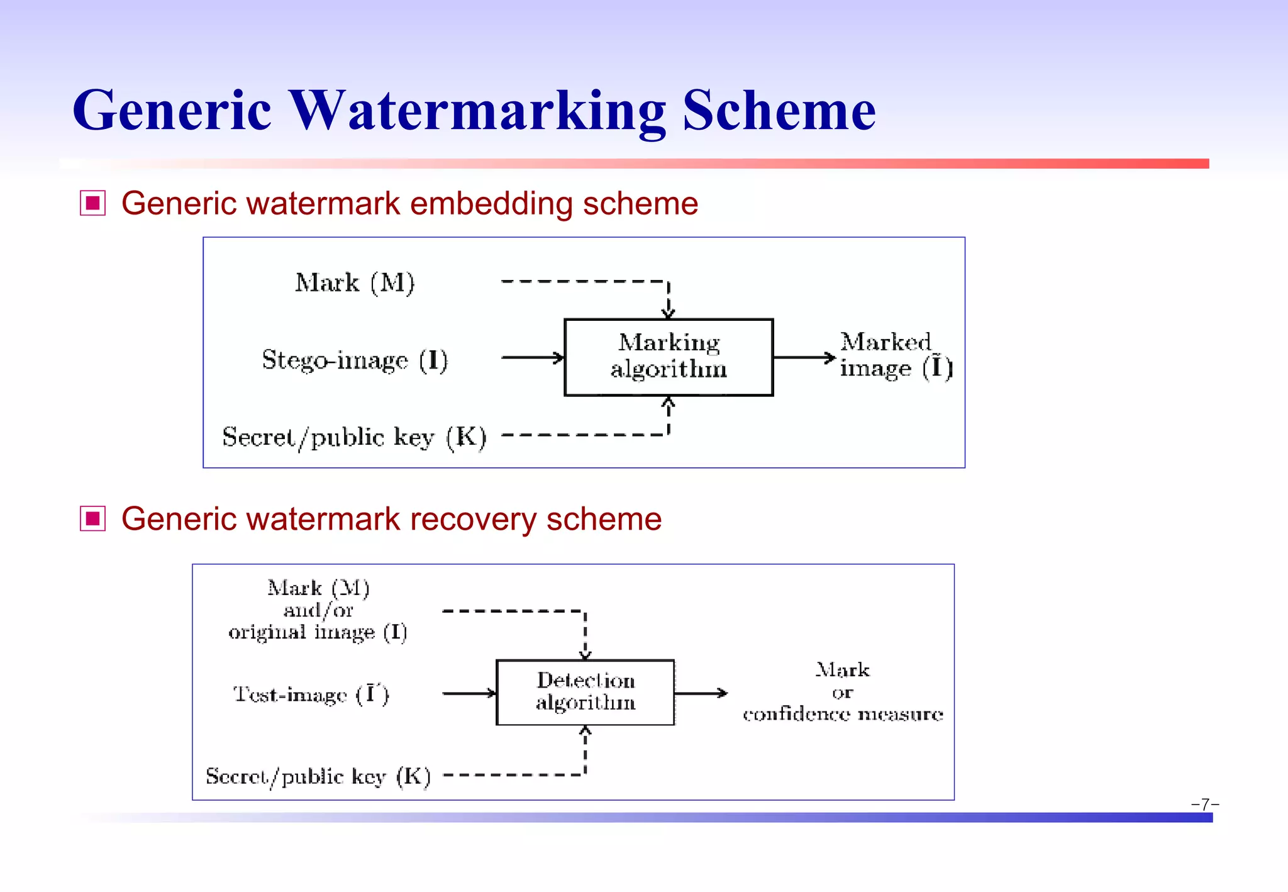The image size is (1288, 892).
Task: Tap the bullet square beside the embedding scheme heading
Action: pos(92,203)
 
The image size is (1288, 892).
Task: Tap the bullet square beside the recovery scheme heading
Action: pos(92,519)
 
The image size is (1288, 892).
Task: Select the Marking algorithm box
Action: pos(669,357)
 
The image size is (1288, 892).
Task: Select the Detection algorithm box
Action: pos(585,692)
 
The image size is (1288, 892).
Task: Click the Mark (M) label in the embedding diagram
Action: pos(355,282)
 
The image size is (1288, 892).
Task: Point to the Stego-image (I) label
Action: pos(355,360)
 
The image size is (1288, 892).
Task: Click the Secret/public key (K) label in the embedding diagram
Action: pos(354,437)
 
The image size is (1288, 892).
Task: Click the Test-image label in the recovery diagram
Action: pos(311,694)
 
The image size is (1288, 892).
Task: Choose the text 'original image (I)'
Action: pos(318,632)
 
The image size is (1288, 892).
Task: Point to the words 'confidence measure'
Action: pos(843,714)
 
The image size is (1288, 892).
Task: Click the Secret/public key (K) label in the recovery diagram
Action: pos(318,776)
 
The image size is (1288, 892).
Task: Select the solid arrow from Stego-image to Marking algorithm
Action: pos(532,357)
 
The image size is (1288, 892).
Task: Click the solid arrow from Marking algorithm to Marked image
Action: pos(804,357)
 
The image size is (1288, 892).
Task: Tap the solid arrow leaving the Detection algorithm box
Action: pos(700,693)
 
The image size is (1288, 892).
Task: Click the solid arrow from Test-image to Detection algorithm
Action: pos(469,693)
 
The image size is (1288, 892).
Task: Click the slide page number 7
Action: pos(1205,804)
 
